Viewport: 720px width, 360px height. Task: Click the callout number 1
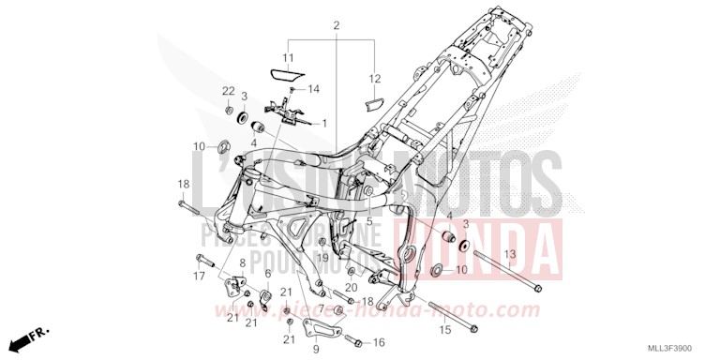(324, 123)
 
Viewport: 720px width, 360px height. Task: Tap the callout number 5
(369, 221)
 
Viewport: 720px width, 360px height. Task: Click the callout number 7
(320, 308)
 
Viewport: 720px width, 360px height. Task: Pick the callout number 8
(242, 263)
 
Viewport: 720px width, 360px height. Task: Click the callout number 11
(289, 58)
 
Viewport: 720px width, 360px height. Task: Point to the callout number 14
(313, 89)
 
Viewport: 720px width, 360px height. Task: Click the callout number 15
(444, 331)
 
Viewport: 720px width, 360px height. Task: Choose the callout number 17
(199, 276)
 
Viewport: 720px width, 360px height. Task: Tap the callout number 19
(321, 256)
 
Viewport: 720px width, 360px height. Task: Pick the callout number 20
(351, 287)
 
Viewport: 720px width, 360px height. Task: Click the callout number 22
(228, 90)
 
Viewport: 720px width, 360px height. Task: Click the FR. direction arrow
(37, 334)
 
